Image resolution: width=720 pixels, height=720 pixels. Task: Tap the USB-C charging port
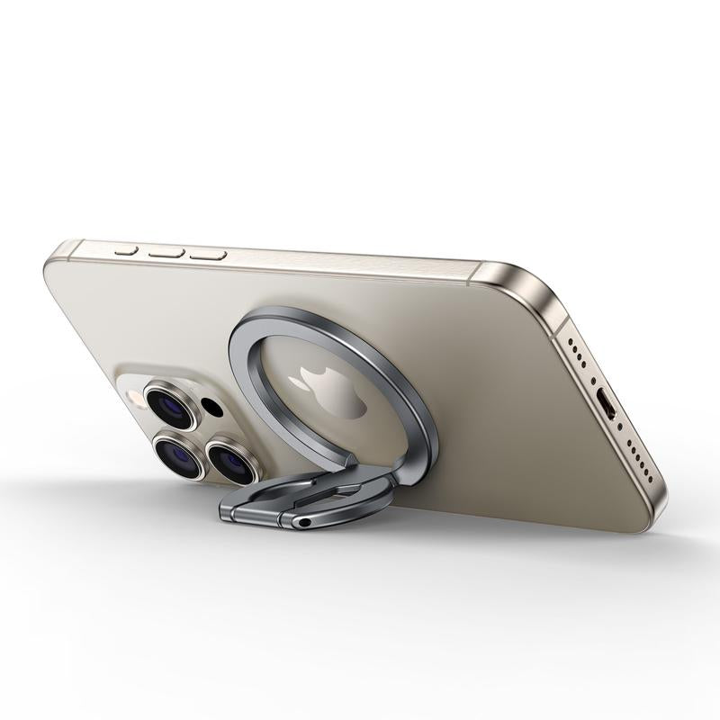point(608,406)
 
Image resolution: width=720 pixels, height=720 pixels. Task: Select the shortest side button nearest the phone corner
point(126,249)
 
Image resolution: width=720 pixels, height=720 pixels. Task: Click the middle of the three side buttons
point(166,253)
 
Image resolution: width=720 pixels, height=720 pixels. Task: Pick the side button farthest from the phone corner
point(208,256)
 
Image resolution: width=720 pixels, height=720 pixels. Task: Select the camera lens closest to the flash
point(170,405)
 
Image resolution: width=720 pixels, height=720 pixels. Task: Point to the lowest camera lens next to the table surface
point(181,455)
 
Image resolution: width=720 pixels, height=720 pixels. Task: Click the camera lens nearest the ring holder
point(232,461)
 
